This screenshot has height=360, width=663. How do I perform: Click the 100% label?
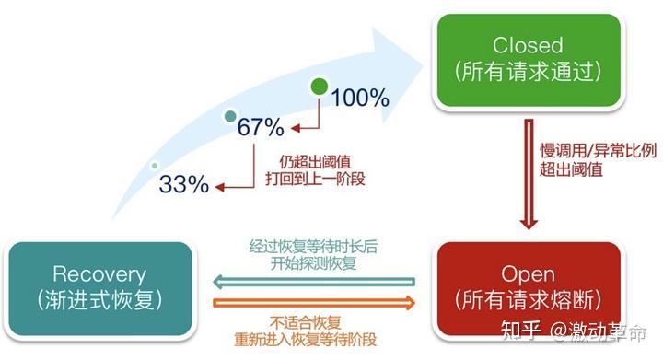click(x=360, y=96)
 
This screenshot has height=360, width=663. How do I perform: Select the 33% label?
click(x=184, y=183)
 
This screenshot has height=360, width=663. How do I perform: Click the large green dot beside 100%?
click(x=319, y=87)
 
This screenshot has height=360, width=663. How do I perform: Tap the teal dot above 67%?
click(x=231, y=117)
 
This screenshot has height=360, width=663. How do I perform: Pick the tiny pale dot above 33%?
click(x=154, y=166)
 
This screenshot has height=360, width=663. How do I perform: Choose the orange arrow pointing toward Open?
click(x=314, y=301)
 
